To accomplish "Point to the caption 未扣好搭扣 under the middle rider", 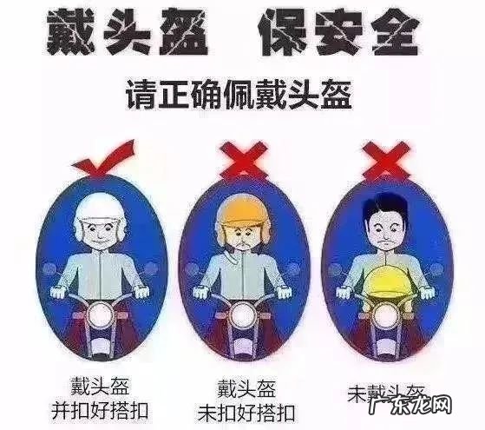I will (249, 409).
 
